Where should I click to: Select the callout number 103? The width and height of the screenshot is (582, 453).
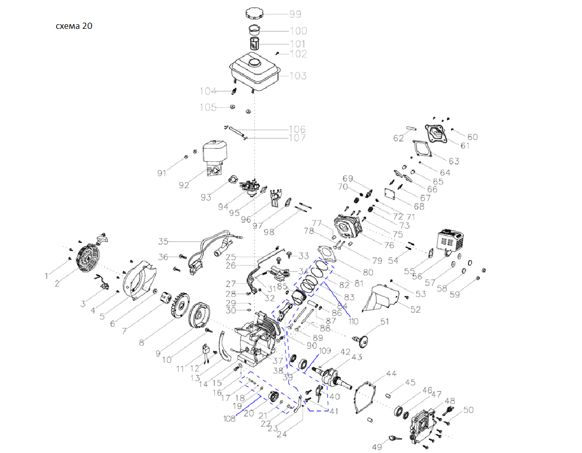pos(298,76)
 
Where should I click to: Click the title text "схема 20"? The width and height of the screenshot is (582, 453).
pos(74,26)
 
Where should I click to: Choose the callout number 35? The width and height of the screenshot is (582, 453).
pos(164,241)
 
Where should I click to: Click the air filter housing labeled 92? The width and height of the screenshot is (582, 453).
pos(214,157)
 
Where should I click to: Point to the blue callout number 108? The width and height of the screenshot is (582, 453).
pos(230,418)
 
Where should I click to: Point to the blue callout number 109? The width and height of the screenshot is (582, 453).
pos(324,351)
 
